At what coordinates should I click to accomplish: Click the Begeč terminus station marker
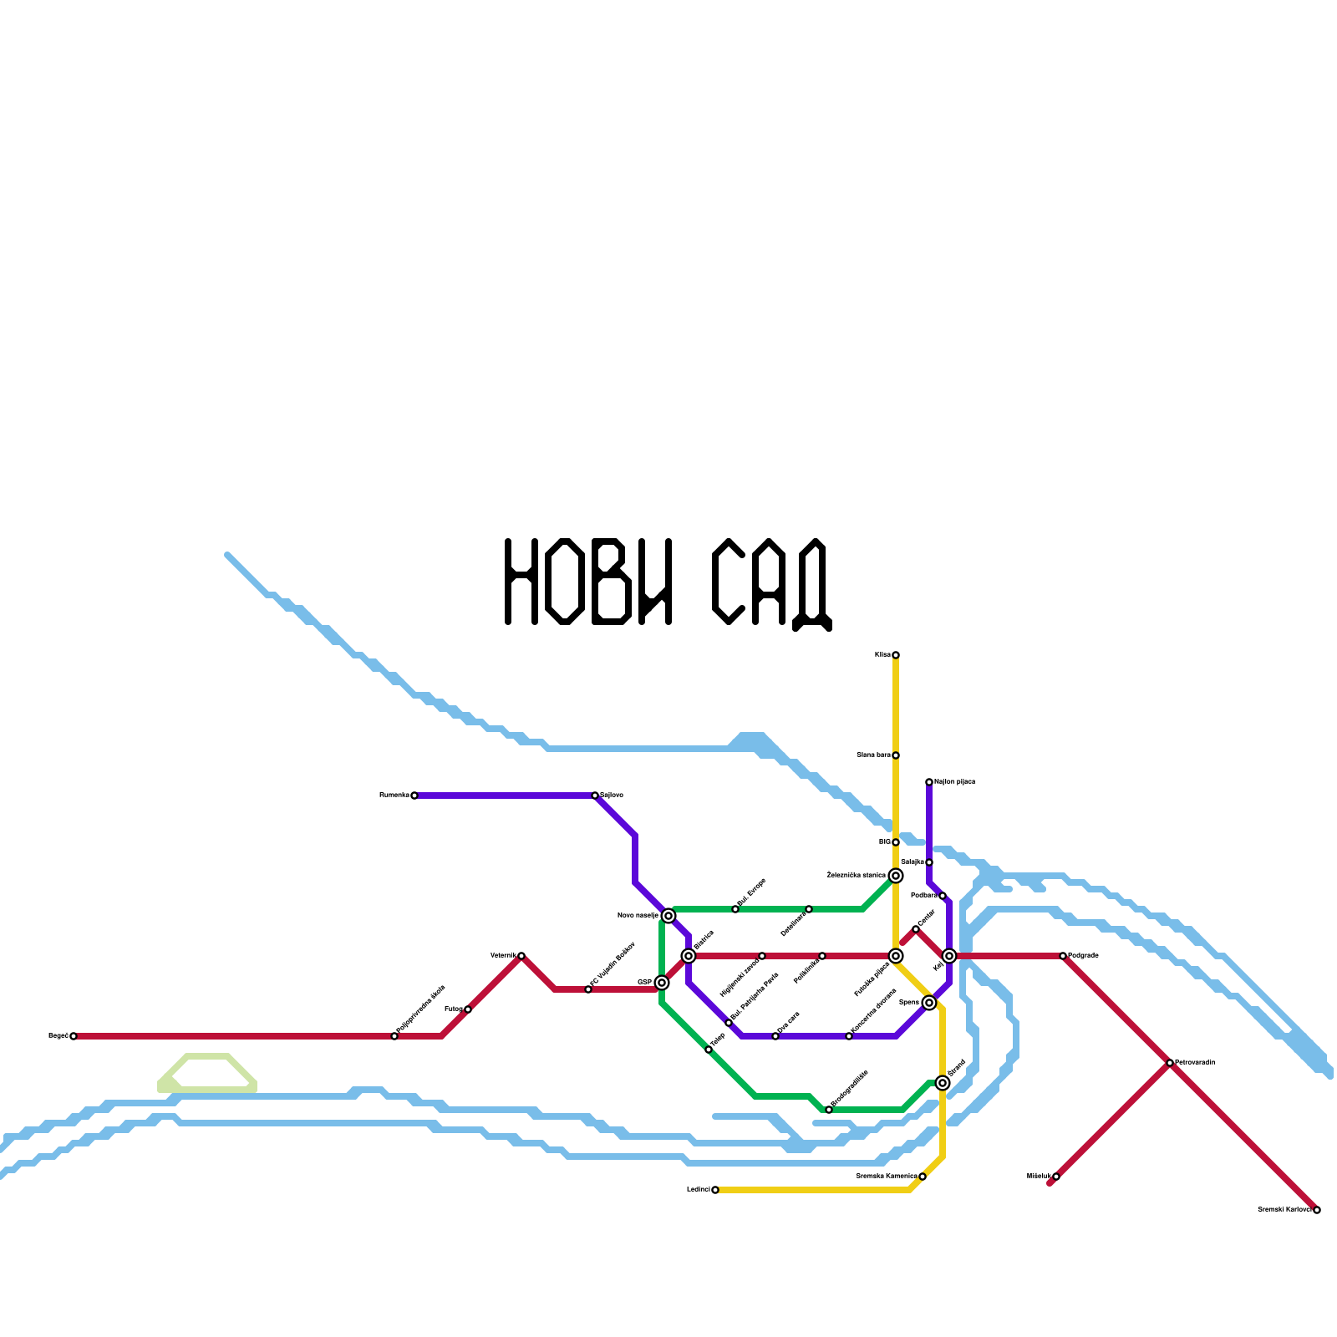tap(74, 1036)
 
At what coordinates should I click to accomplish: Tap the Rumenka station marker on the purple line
tap(414, 796)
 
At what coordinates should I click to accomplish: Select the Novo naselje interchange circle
tap(668, 916)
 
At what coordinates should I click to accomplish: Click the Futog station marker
tap(468, 1009)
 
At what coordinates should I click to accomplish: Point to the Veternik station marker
tap(521, 956)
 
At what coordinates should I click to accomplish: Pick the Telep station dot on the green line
tap(709, 1050)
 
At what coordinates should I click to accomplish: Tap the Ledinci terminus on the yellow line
tap(715, 1190)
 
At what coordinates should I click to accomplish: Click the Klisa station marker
tap(896, 655)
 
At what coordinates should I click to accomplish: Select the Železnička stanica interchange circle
tap(896, 876)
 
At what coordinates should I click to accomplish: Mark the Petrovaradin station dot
tap(1170, 1063)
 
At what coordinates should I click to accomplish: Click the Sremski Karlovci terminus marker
tap(1317, 1210)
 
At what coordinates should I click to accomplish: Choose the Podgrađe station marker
tap(1063, 956)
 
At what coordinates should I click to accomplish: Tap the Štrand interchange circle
tap(943, 1083)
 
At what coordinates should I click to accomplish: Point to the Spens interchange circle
tap(929, 1003)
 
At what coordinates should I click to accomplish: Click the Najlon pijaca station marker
tap(929, 782)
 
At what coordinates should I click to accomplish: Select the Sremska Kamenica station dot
tap(923, 1177)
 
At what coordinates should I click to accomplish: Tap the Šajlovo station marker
tap(595, 796)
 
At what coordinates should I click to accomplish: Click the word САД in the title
tap(771, 583)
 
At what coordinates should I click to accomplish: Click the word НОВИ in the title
tap(588, 582)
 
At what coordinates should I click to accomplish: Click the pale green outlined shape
tap(207, 1074)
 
